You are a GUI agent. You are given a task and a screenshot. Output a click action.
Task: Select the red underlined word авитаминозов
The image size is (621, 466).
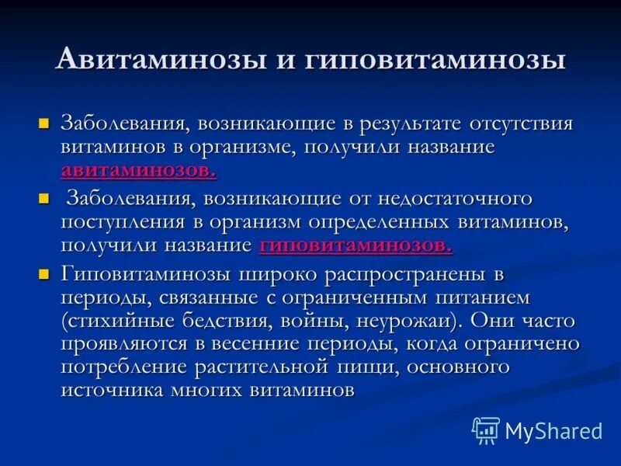(x=138, y=169)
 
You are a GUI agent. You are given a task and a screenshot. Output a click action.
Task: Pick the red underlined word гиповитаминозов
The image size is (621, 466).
(x=356, y=245)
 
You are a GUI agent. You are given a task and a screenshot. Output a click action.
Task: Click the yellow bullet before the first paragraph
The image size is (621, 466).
(x=44, y=123)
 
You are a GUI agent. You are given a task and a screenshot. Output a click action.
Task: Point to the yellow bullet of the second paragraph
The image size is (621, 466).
(x=44, y=200)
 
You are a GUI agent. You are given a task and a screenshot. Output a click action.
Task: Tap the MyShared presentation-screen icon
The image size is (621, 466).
(x=486, y=430)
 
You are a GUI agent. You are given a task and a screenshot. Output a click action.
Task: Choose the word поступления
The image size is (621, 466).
(x=122, y=222)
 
